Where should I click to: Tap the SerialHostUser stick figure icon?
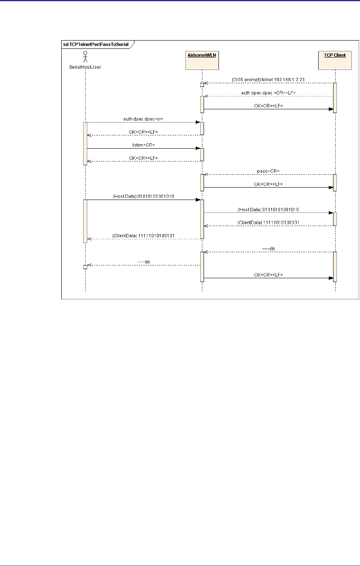(85, 56)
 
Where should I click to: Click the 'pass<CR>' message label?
(269, 171)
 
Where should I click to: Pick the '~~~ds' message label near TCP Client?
(269, 248)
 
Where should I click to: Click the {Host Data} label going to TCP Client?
(269, 210)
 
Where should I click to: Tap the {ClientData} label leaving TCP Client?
(269, 222)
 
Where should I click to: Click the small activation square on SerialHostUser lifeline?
(85, 267)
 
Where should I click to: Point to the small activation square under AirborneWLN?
(202, 85)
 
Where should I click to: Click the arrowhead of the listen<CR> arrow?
(198, 148)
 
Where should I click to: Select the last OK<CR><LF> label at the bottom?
(269, 275)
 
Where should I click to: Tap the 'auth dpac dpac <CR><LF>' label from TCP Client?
(269, 93)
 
